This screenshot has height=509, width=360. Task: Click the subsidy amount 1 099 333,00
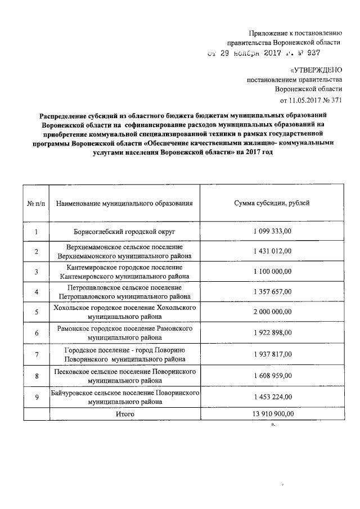272,232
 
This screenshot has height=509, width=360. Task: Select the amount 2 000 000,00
272,312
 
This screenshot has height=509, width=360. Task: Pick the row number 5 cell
36,312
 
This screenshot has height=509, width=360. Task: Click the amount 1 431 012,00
272,251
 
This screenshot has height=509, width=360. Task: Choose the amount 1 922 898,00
272,333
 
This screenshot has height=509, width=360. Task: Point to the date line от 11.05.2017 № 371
310,100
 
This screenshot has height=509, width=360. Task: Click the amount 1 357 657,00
272,291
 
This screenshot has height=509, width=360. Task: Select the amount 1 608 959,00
272,376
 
